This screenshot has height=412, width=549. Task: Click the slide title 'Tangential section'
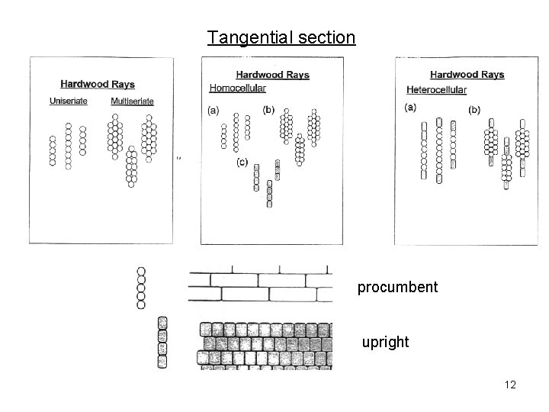(x=281, y=37)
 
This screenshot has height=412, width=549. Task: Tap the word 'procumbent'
(x=398, y=288)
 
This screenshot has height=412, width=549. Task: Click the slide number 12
(x=510, y=385)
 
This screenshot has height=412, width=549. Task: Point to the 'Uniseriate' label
(x=69, y=101)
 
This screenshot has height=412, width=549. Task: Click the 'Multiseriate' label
(x=132, y=101)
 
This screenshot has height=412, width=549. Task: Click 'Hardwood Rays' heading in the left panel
(x=98, y=85)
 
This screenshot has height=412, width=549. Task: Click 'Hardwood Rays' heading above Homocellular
(x=272, y=75)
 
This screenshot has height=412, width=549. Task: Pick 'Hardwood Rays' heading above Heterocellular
(x=467, y=75)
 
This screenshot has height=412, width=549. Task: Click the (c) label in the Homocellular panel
(x=241, y=162)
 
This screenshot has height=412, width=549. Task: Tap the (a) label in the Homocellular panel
(x=213, y=110)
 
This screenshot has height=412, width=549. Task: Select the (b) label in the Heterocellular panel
(x=474, y=110)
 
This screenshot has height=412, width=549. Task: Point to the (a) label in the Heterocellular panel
(x=410, y=108)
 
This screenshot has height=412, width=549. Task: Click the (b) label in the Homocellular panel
(x=268, y=110)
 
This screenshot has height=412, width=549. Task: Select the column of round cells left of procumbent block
(x=141, y=288)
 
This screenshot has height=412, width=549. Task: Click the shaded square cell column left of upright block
(x=162, y=342)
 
